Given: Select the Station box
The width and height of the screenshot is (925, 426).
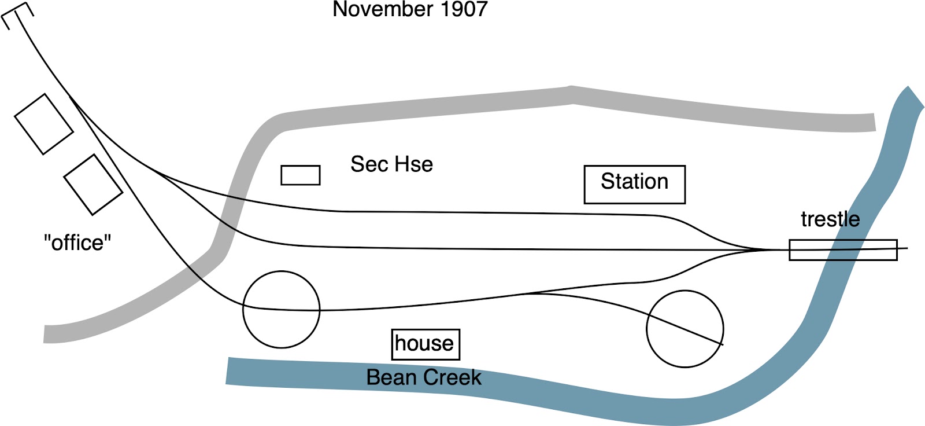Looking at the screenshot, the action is click(x=634, y=185).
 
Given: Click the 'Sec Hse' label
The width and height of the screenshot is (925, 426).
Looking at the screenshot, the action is click(x=391, y=164).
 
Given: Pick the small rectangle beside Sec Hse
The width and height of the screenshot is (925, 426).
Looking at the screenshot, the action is click(x=301, y=175).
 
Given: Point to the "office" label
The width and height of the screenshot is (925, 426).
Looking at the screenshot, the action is click(x=77, y=243).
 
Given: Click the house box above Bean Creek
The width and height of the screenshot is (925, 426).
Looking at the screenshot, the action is click(x=425, y=344).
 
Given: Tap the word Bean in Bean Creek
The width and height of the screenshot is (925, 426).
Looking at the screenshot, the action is click(x=390, y=377).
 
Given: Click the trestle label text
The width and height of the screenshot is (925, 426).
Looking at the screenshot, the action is click(x=830, y=219).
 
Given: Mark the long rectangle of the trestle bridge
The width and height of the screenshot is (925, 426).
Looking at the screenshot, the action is click(x=843, y=249).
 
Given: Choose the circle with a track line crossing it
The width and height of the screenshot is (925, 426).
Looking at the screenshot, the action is click(x=684, y=329).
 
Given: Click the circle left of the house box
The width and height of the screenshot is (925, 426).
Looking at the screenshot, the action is click(x=281, y=310).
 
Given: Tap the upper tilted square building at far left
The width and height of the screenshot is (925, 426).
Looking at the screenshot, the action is click(x=44, y=124).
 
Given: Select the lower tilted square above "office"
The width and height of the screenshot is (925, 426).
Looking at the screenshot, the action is click(x=93, y=184).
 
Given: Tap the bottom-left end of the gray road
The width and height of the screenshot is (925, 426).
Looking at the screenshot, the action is click(x=49, y=334).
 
